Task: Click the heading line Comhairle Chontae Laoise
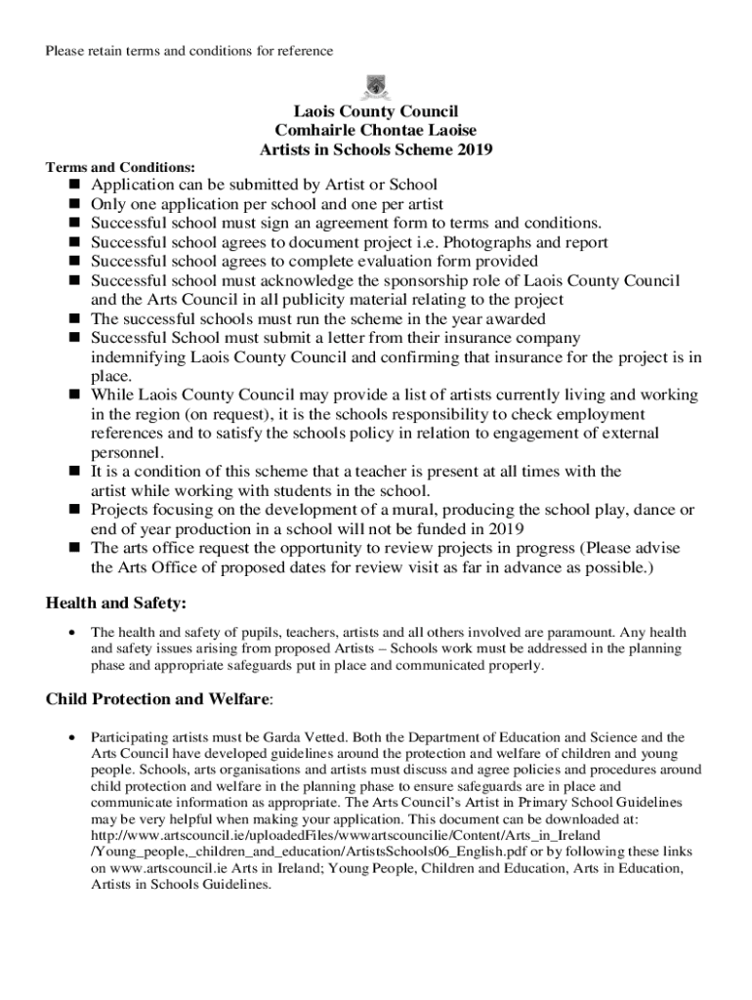click(x=376, y=131)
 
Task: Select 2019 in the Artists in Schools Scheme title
click(x=475, y=149)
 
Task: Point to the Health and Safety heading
click(x=115, y=604)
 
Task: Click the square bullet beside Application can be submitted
click(x=73, y=185)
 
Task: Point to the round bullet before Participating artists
click(x=71, y=737)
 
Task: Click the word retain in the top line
click(x=106, y=50)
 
